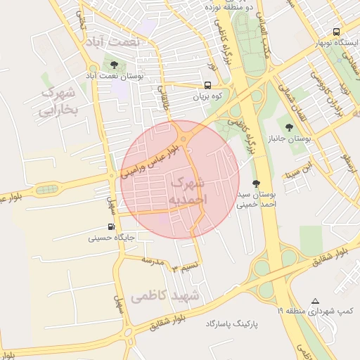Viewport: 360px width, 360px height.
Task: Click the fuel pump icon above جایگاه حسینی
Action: pos(111,226)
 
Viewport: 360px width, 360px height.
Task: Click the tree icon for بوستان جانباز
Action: pos(289,127)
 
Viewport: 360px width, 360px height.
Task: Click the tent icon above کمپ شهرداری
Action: pos(314,300)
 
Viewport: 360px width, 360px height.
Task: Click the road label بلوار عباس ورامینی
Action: pos(154,159)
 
